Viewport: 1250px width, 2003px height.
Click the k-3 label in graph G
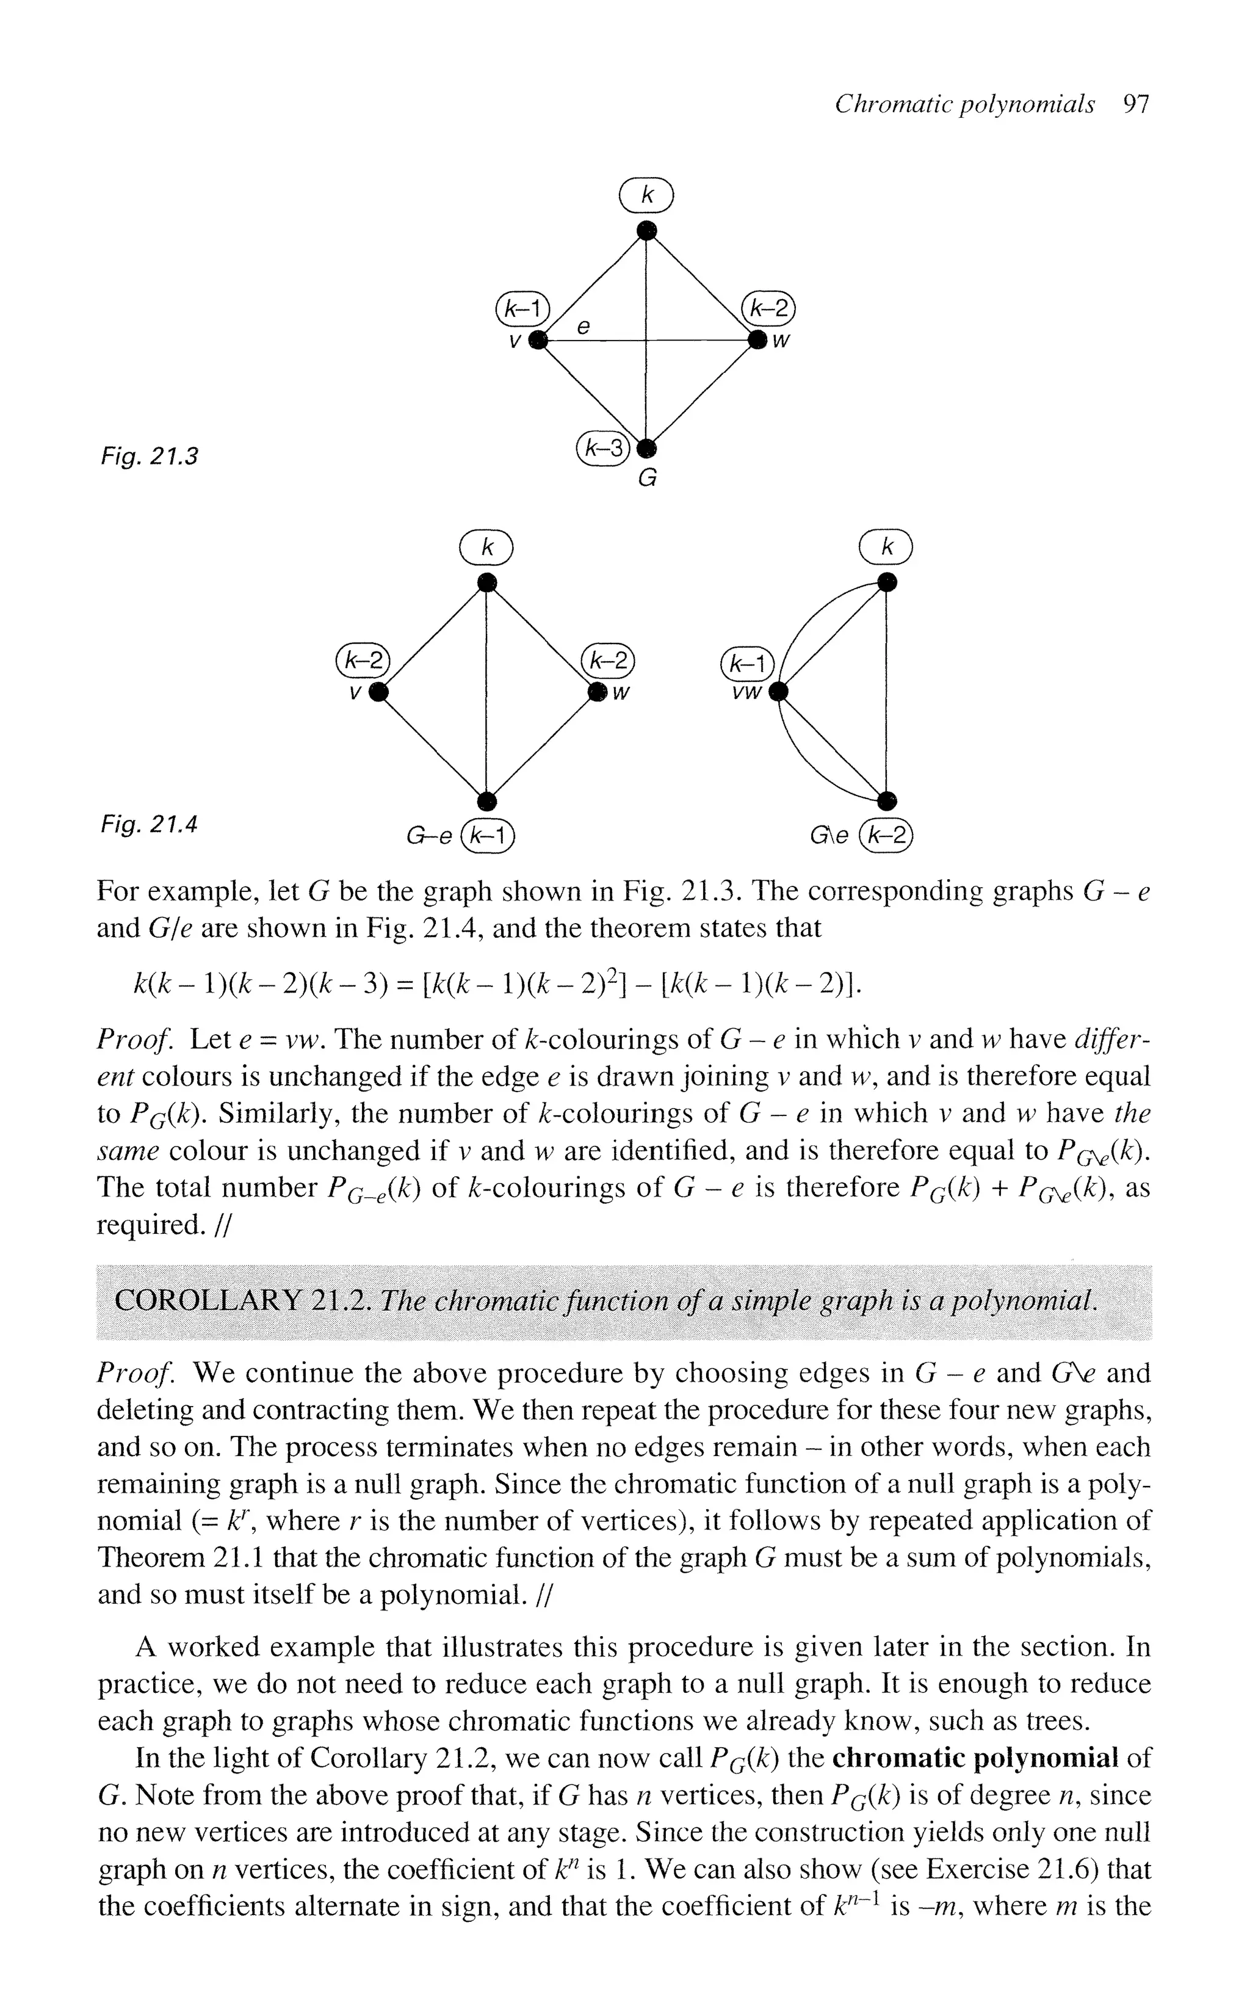[602, 448]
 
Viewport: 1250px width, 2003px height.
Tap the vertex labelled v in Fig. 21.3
[538, 340]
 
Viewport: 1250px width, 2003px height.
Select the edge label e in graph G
[583, 327]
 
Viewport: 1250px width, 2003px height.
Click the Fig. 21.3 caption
[149, 455]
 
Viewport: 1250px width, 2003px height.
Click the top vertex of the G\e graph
[886, 583]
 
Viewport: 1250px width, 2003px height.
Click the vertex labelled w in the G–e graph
[597, 692]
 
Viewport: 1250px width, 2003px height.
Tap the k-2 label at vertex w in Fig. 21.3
[768, 308]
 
